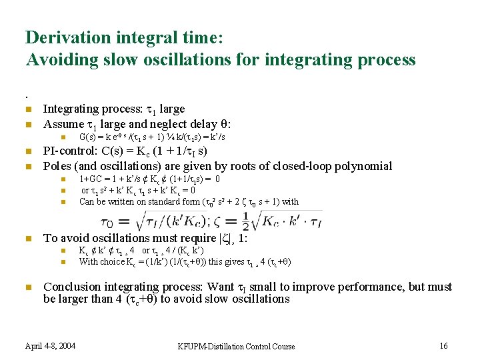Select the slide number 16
pyautogui.click(x=443, y=345)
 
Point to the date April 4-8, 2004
pyautogui.click(x=50, y=345)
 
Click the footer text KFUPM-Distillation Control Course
pyautogui.click(x=236, y=346)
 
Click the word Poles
pyautogui.click(x=57, y=166)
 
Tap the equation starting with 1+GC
pyautogui.click(x=149, y=179)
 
